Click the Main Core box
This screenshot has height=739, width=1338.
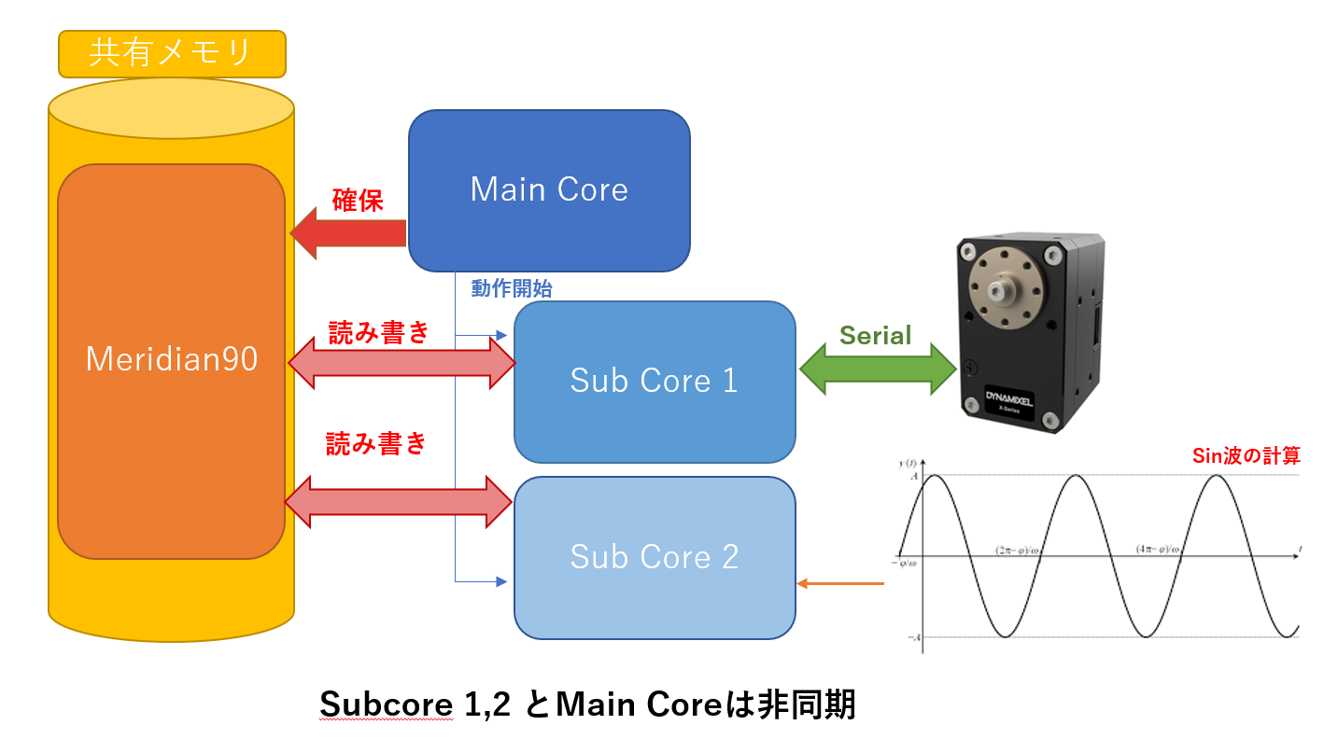pyautogui.click(x=549, y=190)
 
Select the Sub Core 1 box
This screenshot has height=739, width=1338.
pyautogui.click(x=654, y=381)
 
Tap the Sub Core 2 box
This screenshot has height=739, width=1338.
pyautogui.click(x=654, y=557)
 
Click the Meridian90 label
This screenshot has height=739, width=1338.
pyautogui.click(x=171, y=359)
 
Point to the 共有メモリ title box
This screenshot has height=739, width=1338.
pyautogui.click(x=171, y=53)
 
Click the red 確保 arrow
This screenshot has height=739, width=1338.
pyautogui.click(x=348, y=233)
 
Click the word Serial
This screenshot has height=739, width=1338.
pyautogui.click(x=875, y=336)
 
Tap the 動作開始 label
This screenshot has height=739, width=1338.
pyautogui.click(x=511, y=289)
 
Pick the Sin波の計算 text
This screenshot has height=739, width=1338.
pyautogui.click(x=1246, y=456)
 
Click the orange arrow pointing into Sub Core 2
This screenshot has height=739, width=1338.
pyautogui.click(x=839, y=584)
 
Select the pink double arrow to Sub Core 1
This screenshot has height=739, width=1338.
pyautogui.click(x=401, y=363)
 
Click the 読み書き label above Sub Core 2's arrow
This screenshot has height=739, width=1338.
pyautogui.click(x=375, y=444)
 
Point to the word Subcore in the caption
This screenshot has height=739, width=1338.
pyautogui.click(x=387, y=704)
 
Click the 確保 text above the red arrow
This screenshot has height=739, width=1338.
pyautogui.click(x=358, y=201)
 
